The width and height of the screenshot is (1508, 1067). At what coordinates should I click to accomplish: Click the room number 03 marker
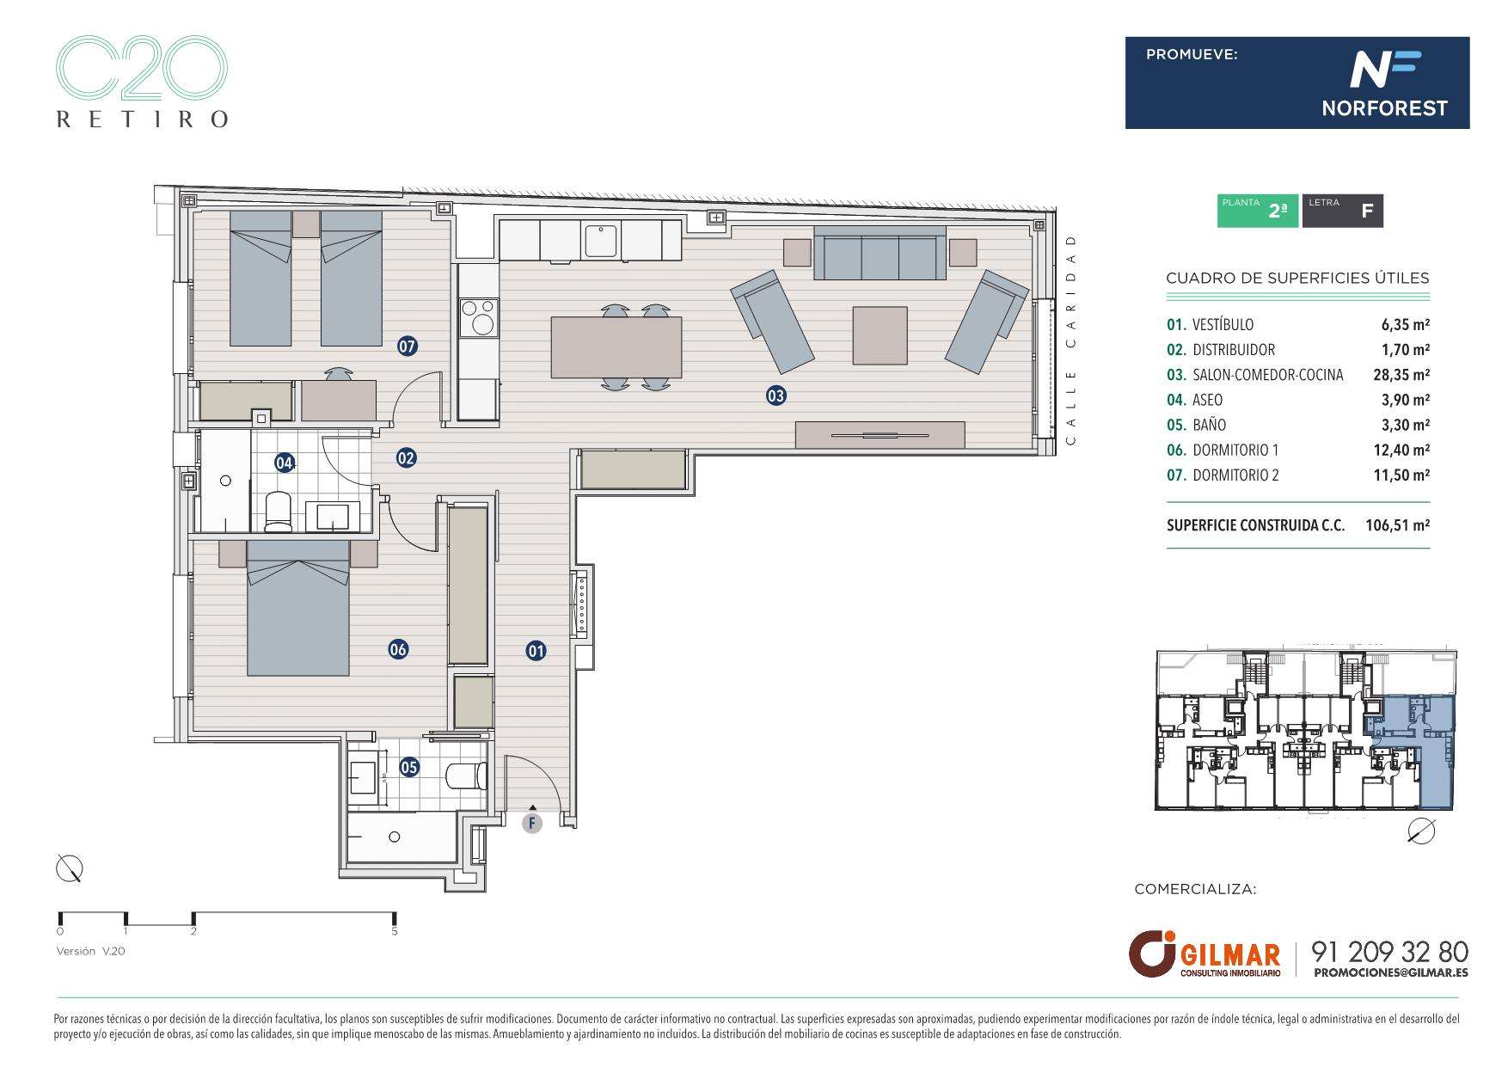[x=775, y=396]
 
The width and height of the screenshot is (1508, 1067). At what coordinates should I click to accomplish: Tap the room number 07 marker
[x=407, y=347]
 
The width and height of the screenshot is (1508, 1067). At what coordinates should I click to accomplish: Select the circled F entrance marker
[x=533, y=824]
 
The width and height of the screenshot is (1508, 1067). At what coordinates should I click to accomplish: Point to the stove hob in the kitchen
[x=478, y=317]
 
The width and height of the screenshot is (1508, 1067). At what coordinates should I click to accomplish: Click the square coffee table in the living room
[x=880, y=335]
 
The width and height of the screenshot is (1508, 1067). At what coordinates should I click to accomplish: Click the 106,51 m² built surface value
[x=1397, y=525]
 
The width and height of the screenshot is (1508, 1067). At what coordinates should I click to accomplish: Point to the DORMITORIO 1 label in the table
[x=1235, y=450]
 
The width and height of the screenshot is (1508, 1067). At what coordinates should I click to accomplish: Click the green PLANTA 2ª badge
[x=1257, y=211]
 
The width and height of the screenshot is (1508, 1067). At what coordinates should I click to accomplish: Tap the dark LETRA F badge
[x=1342, y=211]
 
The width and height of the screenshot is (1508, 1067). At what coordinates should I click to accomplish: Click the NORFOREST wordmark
[x=1384, y=108]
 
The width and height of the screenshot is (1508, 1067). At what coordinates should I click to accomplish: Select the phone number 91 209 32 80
[x=1389, y=952]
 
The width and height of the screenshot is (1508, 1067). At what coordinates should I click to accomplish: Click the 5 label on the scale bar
[x=395, y=931]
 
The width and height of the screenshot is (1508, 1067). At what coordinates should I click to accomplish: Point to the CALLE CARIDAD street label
[x=1070, y=340]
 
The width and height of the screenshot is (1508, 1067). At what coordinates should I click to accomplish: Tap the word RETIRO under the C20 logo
[x=142, y=119]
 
